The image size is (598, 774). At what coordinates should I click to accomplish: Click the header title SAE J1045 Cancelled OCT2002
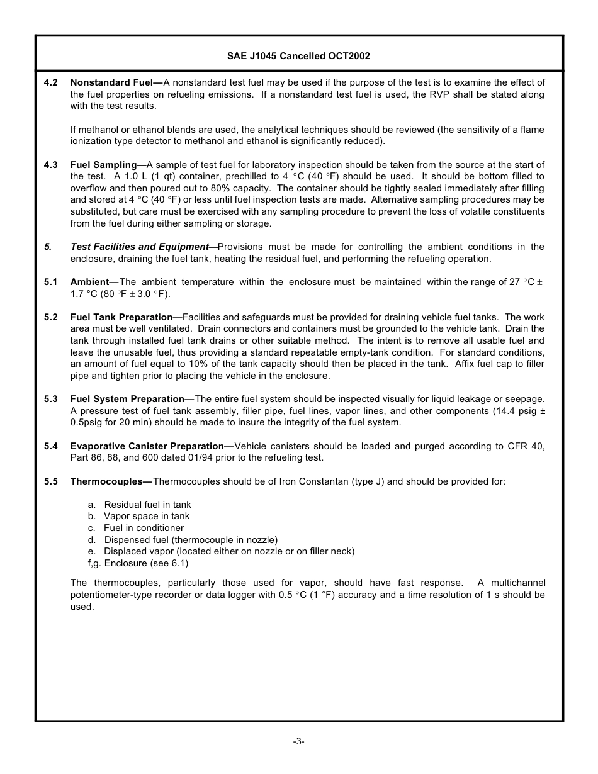tap(298, 56)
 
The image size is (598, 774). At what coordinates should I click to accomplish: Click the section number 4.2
tap(51, 82)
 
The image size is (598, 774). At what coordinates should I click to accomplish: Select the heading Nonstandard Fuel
tap(111, 82)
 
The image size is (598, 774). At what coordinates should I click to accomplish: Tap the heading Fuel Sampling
tap(103, 165)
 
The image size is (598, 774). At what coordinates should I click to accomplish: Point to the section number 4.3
tap(51, 165)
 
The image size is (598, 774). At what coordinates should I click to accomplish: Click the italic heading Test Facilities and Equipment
tap(139, 247)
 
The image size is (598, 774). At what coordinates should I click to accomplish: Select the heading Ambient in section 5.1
tap(90, 282)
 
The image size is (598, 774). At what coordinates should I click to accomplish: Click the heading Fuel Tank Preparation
tap(121, 317)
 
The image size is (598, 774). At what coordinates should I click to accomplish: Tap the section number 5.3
tap(51, 399)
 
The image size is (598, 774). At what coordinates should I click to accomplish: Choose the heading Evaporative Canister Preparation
tap(147, 446)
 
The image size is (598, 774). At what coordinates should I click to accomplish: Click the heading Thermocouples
tap(106, 481)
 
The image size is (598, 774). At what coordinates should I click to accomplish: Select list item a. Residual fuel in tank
tap(139, 505)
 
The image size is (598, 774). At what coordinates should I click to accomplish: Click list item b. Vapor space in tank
tap(138, 516)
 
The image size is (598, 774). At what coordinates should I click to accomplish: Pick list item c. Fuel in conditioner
tap(136, 528)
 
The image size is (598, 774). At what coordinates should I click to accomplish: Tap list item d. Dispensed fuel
tap(183, 540)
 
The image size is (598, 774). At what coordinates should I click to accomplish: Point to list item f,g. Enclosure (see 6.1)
tap(138, 563)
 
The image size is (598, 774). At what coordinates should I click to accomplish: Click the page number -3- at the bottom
tap(298, 741)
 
